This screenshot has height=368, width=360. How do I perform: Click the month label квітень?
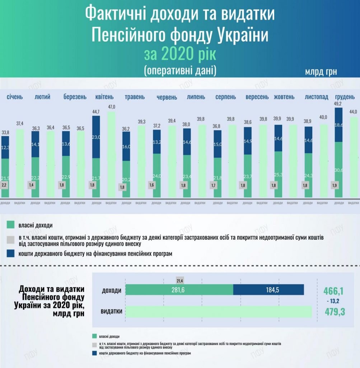click(x=104, y=97)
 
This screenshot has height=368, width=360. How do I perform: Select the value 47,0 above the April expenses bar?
click(x=112, y=107)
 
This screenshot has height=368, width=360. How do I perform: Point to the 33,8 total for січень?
click(x=5, y=132)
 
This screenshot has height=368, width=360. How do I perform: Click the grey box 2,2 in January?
click(x=4, y=185)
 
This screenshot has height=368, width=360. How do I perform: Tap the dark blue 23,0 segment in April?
click(x=96, y=137)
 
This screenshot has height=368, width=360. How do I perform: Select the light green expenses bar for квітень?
click(x=112, y=155)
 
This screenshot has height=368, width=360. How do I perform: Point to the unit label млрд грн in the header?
click(x=321, y=72)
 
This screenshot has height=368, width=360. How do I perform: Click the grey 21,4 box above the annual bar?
click(x=180, y=280)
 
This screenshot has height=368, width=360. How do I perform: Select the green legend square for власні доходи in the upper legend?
click(x=10, y=225)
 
